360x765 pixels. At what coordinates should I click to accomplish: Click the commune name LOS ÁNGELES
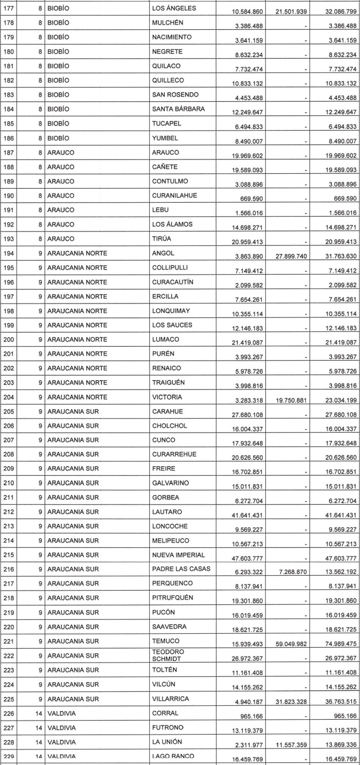[x=174, y=9]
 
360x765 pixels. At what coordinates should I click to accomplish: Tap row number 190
[x=9, y=195]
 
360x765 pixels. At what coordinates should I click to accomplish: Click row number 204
[x=9, y=397]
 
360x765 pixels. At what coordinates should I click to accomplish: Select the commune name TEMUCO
[x=166, y=641]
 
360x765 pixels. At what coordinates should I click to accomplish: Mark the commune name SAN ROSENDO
[x=175, y=95]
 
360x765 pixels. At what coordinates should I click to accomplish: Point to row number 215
[x=9, y=555]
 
